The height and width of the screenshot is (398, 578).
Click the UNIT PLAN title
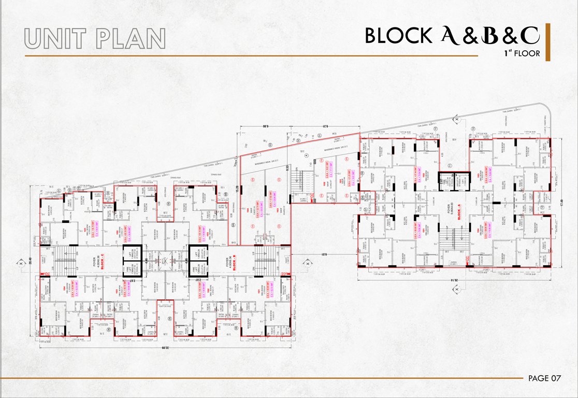click(x=95, y=38)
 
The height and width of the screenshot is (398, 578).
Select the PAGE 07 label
click(x=544, y=378)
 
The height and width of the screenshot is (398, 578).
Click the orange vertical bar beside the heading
click(x=548, y=42)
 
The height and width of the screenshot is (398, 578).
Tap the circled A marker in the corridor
click(x=307, y=155)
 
